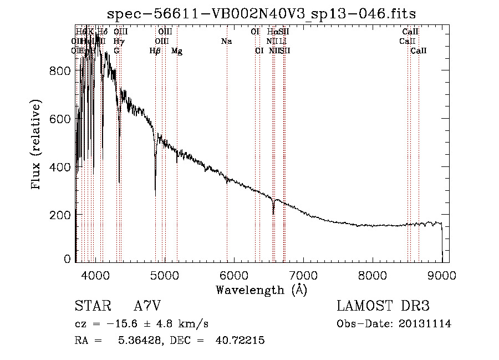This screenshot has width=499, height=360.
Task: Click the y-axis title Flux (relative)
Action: (x=37, y=145)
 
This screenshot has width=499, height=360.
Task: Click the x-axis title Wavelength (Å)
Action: (x=261, y=290)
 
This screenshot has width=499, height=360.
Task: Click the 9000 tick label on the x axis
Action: (x=442, y=275)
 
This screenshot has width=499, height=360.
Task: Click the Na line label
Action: (x=226, y=41)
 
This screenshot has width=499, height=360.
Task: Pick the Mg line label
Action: (x=177, y=51)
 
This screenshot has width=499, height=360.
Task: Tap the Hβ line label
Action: (x=155, y=51)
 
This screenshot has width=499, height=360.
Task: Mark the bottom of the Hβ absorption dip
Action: (x=155, y=195)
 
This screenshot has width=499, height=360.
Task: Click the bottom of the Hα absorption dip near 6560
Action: (x=273, y=214)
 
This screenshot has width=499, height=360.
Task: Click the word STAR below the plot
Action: (x=92, y=307)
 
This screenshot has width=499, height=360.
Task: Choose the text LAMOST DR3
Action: (x=383, y=307)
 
